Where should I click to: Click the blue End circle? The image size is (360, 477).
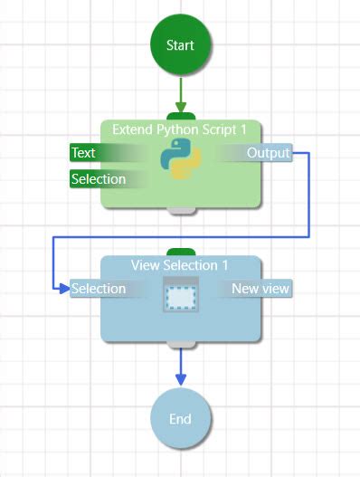pos(180,418)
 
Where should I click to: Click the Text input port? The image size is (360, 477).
pos(83,153)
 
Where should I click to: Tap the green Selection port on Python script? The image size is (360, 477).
pos(98,179)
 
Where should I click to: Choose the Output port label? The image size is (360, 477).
pos(269,153)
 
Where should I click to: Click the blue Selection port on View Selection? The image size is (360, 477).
pos(98,289)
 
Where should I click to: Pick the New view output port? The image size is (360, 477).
pos(261,289)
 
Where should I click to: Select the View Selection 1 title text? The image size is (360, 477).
pos(180,265)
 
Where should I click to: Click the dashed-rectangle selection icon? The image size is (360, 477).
pos(180,296)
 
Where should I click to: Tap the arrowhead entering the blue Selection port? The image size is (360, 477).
pos(63,289)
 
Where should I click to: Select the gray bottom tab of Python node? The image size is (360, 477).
pos(181,211)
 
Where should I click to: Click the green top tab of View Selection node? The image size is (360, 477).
pos(181,252)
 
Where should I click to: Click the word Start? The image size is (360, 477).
pos(181,45)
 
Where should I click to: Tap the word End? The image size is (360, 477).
pos(180,419)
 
